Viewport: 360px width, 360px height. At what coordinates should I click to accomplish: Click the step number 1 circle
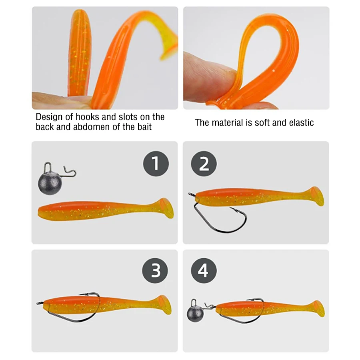(x=156, y=164)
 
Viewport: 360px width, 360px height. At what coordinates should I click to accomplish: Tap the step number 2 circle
(x=204, y=164)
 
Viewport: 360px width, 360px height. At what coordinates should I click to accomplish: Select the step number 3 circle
(x=156, y=271)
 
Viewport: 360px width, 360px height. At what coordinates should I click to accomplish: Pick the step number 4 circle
(x=203, y=271)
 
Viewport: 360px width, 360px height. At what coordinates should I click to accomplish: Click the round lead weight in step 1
(x=50, y=184)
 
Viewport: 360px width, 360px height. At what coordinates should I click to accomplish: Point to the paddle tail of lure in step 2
(x=316, y=196)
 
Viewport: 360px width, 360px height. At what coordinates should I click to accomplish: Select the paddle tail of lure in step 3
(x=164, y=305)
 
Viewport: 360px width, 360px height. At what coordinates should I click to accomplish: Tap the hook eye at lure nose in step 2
(x=192, y=196)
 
